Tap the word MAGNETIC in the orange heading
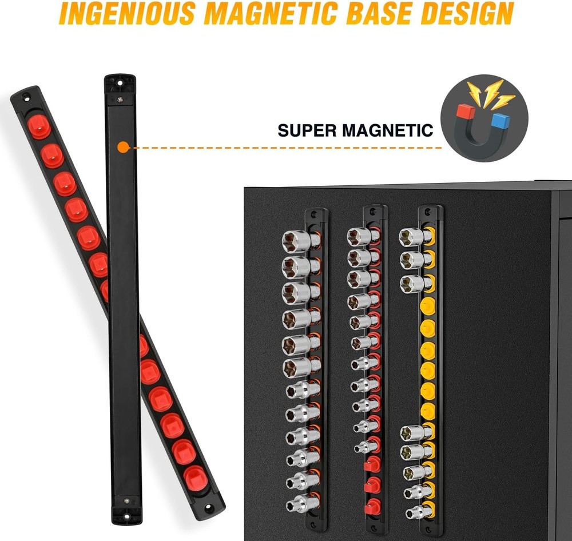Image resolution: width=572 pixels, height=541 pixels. click(271, 13)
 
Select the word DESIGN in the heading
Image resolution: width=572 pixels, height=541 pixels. click(469, 13)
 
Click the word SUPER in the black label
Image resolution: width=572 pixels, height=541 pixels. click(305, 130)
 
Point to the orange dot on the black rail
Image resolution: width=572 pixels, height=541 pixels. click(124, 148)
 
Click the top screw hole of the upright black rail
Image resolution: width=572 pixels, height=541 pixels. click(120, 83)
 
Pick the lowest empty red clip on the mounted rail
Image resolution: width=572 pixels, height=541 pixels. click(372, 507)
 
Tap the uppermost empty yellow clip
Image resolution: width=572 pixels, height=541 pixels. click(427, 306)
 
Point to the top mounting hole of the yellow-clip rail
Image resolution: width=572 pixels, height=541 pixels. click(428, 211)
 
